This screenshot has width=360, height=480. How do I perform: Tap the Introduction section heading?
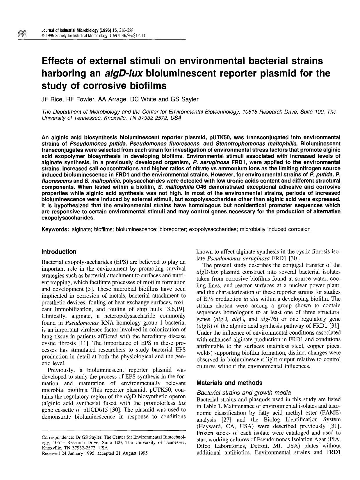[x=59, y=252]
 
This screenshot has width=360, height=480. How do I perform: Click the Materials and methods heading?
[x=229, y=383]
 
